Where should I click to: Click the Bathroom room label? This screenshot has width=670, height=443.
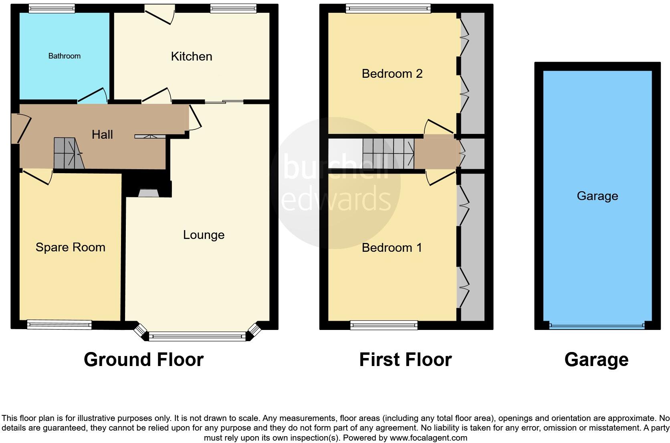[64, 56]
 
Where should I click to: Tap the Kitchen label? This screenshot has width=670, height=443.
[192, 57]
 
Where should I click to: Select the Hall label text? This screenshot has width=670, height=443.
[102, 135]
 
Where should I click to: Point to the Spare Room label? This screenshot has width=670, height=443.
[71, 247]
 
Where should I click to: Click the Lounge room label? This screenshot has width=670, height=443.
[204, 235]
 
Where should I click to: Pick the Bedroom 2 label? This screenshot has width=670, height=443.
[392, 74]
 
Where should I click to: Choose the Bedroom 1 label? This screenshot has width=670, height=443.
[392, 248]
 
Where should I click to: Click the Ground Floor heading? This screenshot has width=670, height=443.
[143, 360]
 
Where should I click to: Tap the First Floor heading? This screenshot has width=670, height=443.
[405, 360]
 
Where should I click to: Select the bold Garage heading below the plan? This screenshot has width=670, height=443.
[596, 360]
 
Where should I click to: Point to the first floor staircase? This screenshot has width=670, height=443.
[388, 153]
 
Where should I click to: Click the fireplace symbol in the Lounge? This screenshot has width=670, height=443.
[149, 193]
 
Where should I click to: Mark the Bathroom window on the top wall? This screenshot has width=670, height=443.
[52, 8]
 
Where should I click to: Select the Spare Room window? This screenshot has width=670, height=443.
[59, 325]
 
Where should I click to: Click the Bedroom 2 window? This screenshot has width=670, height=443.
[388, 8]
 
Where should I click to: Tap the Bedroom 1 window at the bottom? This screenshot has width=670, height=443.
[384, 325]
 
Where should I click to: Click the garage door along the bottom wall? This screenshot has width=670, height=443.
[597, 326]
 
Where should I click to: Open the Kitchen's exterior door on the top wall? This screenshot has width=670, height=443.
[159, 12]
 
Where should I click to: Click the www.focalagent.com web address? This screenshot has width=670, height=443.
[428, 438]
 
